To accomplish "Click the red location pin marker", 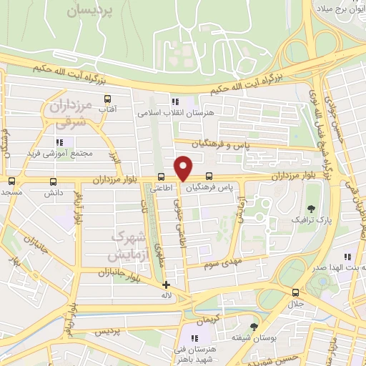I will pyautogui.click(x=184, y=168).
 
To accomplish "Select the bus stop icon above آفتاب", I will pyautogui.click(x=108, y=99).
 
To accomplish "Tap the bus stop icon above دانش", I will pyautogui.click(x=53, y=182).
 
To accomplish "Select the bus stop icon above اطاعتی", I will pyautogui.click(x=161, y=177).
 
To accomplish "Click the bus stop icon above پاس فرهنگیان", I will pyautogui.click(x=209, y=177).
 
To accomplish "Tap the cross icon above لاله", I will pyautogui.click(x=166, y=285).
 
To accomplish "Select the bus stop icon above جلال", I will pyautogui.click(x=295, y=292).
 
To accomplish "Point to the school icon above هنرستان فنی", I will pyautogui.click(x=193, y=337).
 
